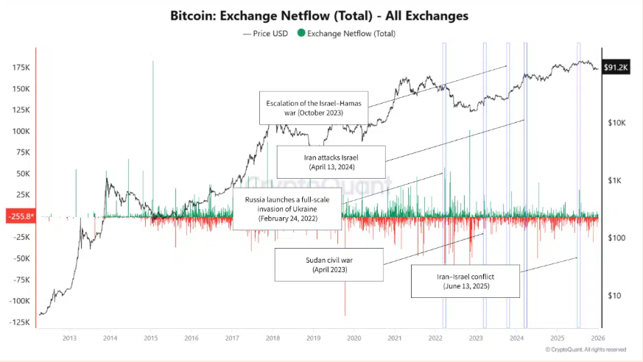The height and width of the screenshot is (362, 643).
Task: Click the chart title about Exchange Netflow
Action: [x=319, y=15]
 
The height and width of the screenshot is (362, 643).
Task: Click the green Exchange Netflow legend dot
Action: [x=301, y=32]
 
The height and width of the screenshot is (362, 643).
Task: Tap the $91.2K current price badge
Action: [x=616, y=67]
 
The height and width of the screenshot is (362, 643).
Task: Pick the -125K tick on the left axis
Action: [x=18, y=322]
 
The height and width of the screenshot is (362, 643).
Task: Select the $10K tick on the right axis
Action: [x=616, y=123]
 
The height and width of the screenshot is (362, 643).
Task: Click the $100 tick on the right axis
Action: [x=616, y=238]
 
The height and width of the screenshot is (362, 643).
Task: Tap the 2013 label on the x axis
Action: [x=69, y=338]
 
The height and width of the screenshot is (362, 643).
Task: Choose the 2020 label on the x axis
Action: [x=354, y=338]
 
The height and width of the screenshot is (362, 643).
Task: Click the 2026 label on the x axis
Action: [x=598, y=338]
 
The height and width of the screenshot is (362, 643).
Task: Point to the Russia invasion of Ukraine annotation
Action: [x=286, y=209]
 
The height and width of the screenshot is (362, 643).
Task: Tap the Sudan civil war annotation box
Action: [x=329, y=265]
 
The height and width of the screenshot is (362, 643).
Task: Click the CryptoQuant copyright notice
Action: [x=586, y=349]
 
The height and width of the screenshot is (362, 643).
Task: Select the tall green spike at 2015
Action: [x=152, y=140]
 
